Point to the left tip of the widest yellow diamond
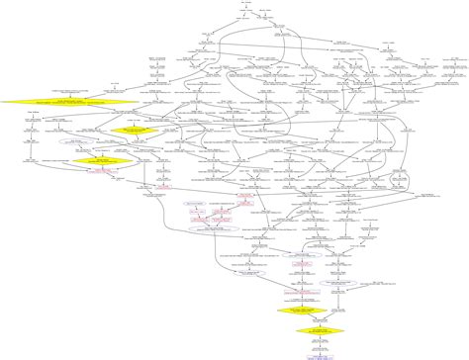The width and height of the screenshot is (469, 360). [2, 101]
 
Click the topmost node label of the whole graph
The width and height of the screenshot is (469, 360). [244, 3]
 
